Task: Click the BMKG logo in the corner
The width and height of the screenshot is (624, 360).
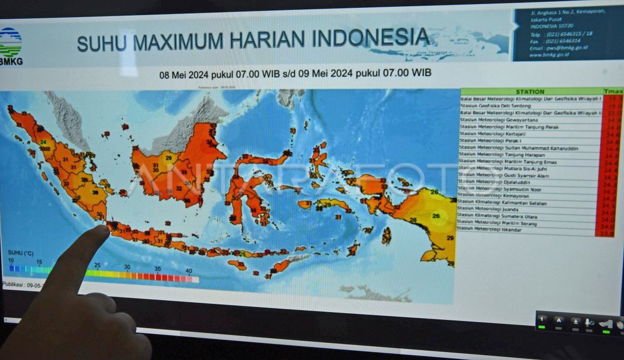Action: pos(10,46)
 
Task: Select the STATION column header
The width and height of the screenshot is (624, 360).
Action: pos(530,92)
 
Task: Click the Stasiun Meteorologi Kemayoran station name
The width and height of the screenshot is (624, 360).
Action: pos(491,196)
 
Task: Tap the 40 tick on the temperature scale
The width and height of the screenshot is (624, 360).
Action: pos(188,271)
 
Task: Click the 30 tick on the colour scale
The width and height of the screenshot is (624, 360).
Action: pos(127,267)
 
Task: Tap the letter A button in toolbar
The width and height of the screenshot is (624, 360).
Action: pos(558,320)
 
